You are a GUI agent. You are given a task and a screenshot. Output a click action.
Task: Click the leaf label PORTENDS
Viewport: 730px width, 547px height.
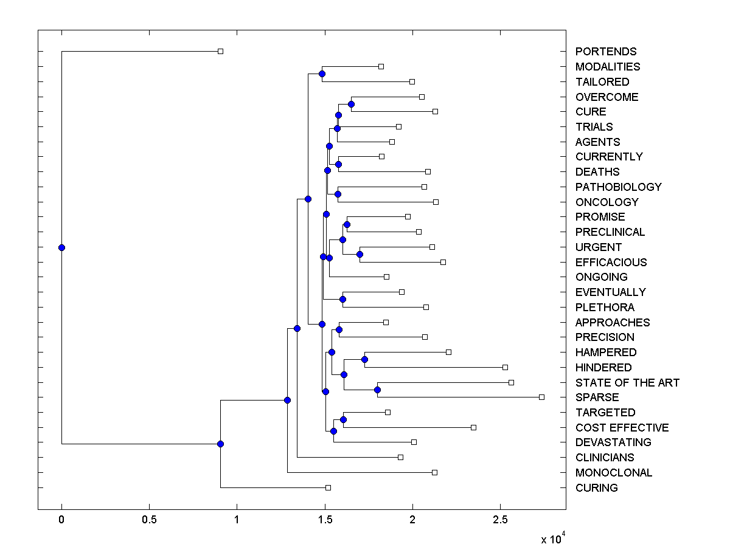[x=606, y=52]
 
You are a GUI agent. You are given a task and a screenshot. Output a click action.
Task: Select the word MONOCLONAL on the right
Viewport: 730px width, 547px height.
[x=613, y=473]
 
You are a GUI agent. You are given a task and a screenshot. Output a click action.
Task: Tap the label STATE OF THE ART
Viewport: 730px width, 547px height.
[x=627, y=383]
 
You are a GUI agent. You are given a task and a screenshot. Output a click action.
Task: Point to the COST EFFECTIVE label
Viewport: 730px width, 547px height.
[x=622, y=428]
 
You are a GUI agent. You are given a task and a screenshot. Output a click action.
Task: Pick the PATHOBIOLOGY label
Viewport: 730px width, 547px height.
[x=618, y=187]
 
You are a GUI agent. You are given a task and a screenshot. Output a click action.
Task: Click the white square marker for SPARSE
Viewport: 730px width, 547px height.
[x=541, y=397]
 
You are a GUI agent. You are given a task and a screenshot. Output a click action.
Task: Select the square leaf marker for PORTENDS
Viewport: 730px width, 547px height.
[x=220, y=51]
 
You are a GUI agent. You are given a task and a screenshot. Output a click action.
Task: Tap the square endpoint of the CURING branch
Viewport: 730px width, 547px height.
[x=328, y=487]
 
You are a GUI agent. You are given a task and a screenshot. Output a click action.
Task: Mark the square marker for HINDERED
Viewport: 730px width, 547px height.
[x=505, y=367]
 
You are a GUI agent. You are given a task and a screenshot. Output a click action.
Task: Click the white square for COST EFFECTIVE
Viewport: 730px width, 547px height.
[x=473, y=427]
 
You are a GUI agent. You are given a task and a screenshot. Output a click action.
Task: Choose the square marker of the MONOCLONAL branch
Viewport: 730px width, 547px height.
[x=434, y=472]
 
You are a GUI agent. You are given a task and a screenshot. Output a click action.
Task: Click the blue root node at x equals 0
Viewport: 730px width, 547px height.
[x=61, y=247]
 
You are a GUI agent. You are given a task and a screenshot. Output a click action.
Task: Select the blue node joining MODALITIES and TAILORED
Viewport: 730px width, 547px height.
[x=322, y=74]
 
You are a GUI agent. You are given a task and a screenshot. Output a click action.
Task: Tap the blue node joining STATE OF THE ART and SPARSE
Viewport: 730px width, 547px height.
[x=377, y=390]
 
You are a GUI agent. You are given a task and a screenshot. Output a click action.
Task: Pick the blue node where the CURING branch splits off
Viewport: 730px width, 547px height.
[x=220, y=444]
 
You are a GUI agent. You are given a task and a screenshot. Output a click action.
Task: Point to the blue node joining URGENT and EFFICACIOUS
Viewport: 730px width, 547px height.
[x=360, y=254]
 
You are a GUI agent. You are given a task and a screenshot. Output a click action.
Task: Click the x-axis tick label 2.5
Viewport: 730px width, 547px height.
[x=500, y=520]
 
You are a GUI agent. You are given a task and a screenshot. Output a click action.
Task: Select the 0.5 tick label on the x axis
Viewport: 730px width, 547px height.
[x=149, y=520]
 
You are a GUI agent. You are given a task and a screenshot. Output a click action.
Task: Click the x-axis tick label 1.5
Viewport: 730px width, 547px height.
[x=324, y=520]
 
